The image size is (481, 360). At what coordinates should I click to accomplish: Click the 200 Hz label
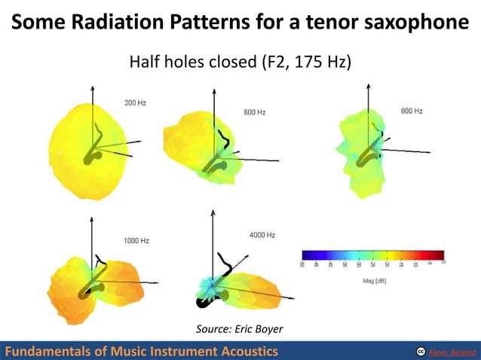(135, 102)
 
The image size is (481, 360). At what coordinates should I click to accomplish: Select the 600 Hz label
(254, 112)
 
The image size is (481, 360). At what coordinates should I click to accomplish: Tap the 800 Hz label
(411, 111)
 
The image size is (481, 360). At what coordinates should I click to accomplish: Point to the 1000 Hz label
(136, 240)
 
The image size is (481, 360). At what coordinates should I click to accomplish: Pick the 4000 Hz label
(262, 235)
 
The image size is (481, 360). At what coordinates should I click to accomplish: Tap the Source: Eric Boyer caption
(239, 328)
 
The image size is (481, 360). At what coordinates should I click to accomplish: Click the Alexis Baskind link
(452, 352)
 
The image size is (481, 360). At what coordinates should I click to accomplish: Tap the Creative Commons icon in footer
(419, 352)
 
